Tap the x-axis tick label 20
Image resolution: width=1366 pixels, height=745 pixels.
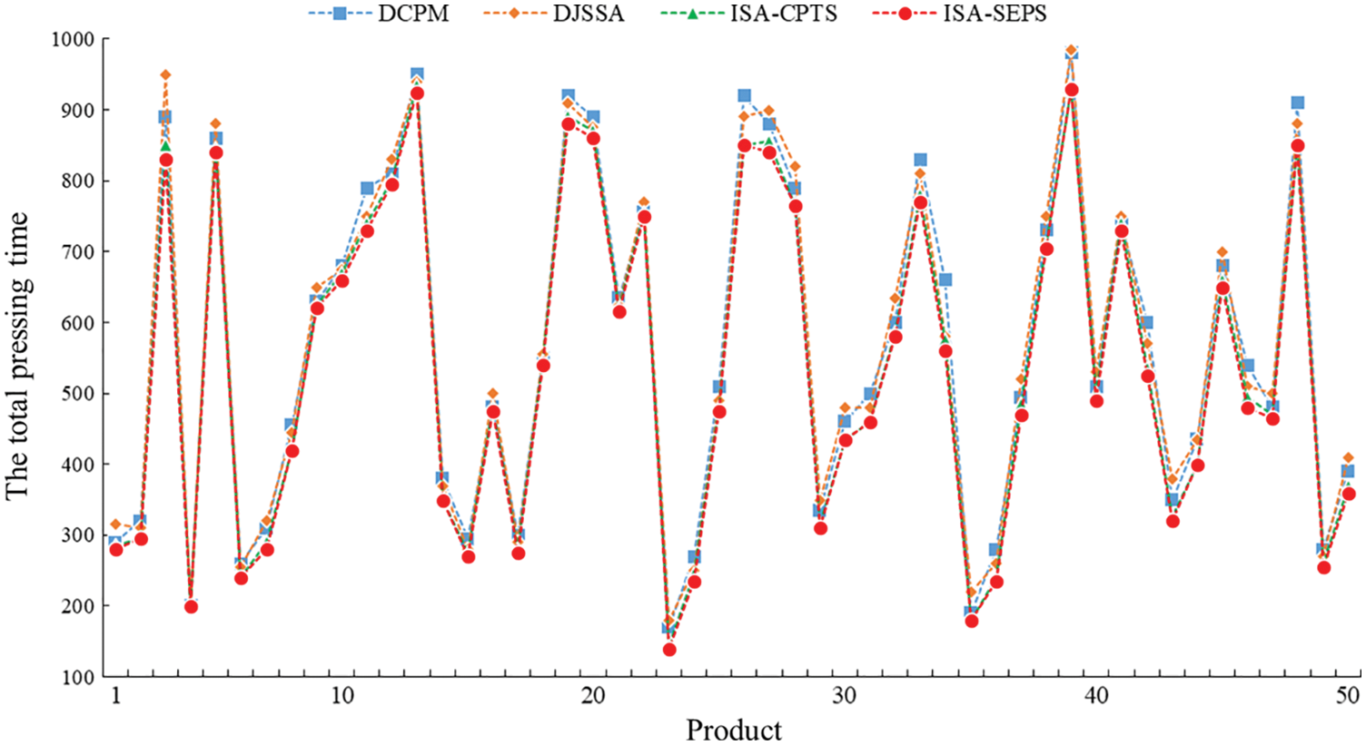click(592, 696)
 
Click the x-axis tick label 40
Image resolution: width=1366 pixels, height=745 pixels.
click(1096, 696)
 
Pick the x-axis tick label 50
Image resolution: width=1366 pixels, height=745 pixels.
click(1348, 696)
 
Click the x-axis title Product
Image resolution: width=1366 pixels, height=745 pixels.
click(734, 730)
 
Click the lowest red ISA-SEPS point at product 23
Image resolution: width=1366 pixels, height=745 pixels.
click(669, 650)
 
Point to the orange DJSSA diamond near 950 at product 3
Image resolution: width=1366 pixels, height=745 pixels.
click(165, 74)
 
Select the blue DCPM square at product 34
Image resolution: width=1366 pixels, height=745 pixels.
click(945, 279)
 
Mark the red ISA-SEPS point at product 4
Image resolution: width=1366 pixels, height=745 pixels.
click(191, 606)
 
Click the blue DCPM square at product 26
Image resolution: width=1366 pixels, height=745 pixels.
click(744, 96)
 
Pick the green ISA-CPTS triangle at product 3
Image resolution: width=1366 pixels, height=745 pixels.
click(165, 145)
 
